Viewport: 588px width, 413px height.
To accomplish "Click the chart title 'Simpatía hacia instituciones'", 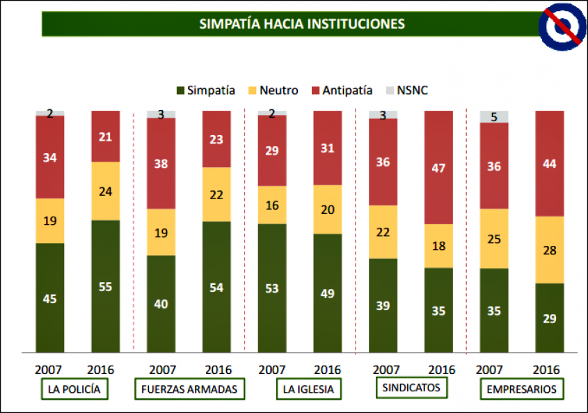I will click(x=302, y=24).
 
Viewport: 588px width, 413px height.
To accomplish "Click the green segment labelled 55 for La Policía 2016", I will click(x=106, y=286).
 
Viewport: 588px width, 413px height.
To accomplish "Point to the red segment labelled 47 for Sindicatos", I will click(x=438, y=167).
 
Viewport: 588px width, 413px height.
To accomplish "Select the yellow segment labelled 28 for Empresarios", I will click(x=549, y=249).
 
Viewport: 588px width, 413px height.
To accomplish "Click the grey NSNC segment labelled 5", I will click(x=494, y=117).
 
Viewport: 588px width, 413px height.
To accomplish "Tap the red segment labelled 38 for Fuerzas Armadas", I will click(x=161, y=163).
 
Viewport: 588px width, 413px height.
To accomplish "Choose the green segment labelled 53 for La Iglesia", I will click(x=272, y=288).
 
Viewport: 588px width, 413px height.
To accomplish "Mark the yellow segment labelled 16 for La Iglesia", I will click(x=272, y=205).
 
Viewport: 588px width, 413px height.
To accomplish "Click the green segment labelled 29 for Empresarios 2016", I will click(x=549, y=318).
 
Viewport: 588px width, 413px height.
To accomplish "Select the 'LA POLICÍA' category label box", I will click(x=75, y=389).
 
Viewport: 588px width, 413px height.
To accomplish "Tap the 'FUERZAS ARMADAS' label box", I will click(x=189, y=389).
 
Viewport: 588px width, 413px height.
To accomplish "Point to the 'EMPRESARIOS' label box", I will click(x=521, y=389).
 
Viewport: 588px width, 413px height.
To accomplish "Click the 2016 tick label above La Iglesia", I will click(x=328, y=369).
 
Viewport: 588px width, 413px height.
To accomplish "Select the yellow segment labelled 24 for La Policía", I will click(x=106, y=191).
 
